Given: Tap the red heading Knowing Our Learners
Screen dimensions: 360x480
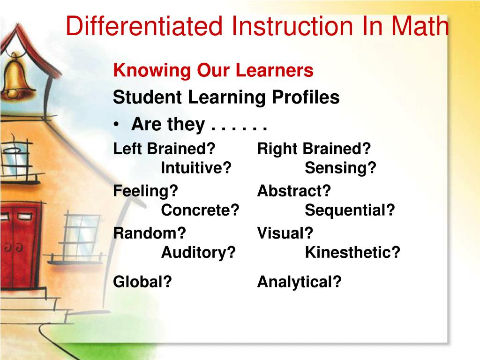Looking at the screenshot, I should pos(213,71).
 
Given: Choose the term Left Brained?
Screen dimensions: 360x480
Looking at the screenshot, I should pos(164,149).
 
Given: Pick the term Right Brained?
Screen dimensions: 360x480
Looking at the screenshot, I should pos(314,149).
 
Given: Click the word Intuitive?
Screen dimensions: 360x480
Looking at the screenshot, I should pos(196,168).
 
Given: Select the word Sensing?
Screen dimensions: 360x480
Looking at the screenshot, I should pos(340,168).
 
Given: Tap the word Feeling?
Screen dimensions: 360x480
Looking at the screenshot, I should pos(146,191).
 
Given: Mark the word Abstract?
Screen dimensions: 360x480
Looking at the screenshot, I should pos(294,191).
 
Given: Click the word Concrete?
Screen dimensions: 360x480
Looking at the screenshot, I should pos(200,210).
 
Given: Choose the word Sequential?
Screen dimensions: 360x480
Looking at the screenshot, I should pos(350,210).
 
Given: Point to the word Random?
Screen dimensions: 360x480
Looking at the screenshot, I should pos(150,233).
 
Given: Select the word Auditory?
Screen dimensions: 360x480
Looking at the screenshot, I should pos(198,253).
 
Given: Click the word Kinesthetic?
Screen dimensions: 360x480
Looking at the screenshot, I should pos(352,253).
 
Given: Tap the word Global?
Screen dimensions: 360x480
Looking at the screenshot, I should pos(142,282).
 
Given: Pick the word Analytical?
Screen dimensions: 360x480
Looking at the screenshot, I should pos(299,282).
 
